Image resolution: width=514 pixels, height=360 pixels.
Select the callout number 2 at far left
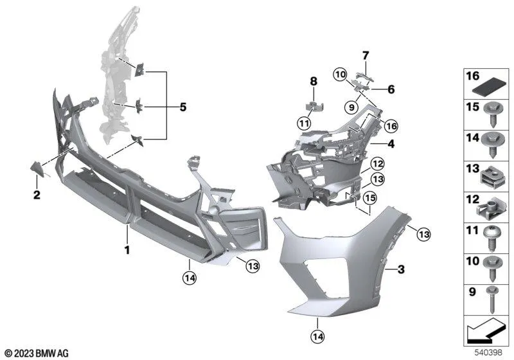(x=37, y=194)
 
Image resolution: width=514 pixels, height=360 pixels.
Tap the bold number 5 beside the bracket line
(x=182, y=107)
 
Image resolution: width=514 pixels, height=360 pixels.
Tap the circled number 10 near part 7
(x=341, y=75)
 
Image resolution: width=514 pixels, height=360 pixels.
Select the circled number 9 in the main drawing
(x=351, y=106)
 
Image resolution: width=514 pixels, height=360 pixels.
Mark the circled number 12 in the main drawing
(x=377, y=163)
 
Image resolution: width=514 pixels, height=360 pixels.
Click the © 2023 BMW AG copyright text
(x=37, y=352)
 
